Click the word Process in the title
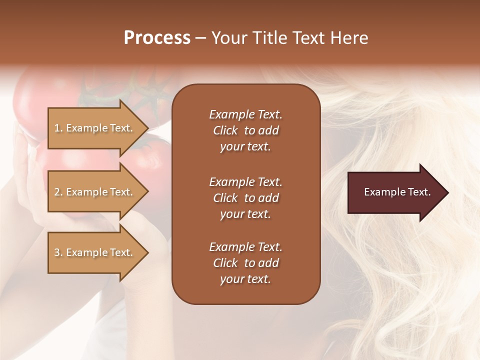157,38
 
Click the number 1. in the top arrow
58,128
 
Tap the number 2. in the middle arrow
58,192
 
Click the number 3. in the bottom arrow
58,252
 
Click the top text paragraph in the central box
245,130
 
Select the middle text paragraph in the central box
245,198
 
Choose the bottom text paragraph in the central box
245,263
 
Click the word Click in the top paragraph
225,130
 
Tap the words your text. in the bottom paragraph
245,279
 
